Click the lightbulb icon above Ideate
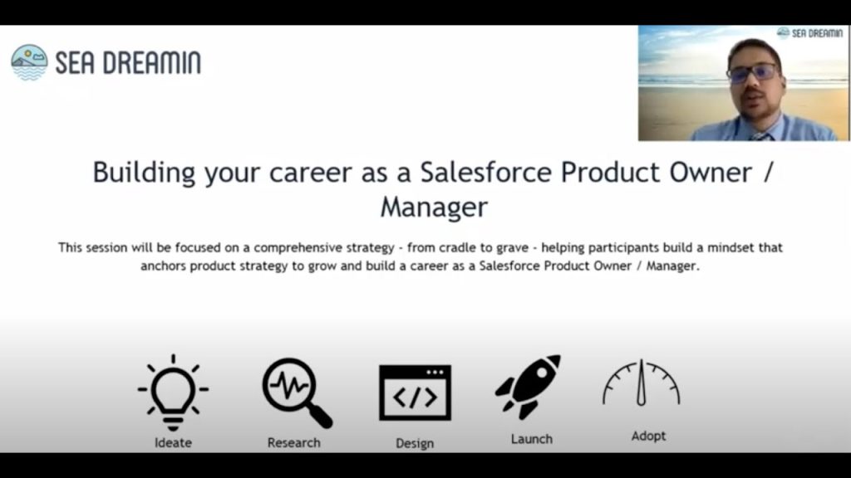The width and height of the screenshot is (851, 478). click(173, 391)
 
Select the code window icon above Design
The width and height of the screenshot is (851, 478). click(415, 392)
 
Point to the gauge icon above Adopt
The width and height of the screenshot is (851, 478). click(641, 384)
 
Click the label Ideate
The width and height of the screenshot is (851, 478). click(173, 442)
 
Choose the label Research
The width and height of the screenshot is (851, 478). click(293, 442)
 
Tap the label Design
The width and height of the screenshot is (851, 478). click(415, 442)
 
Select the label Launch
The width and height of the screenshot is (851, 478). click(531, 438)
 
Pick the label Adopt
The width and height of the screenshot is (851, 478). click(648, 436)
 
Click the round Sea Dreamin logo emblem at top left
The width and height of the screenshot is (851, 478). click(29, 62)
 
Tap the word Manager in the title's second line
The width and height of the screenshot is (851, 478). click(433, 207)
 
